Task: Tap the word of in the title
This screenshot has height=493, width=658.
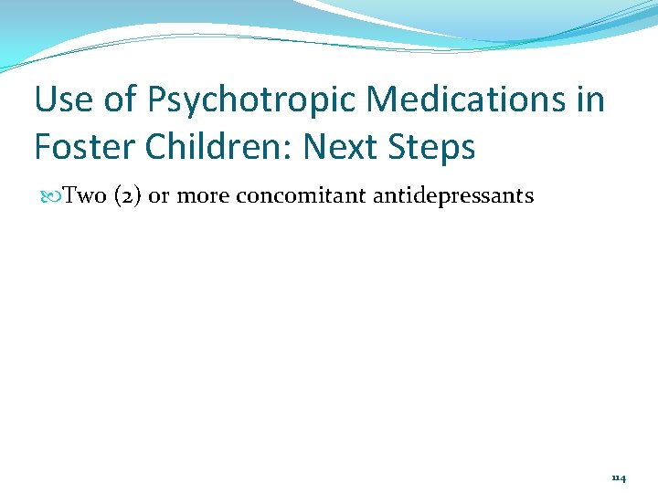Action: pyautogui.click(x=120, y=100)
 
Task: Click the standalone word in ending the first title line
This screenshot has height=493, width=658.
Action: pyautogui.click(x=589, y=100)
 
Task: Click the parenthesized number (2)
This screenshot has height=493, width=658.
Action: pyautogui.click(x=127, y=196)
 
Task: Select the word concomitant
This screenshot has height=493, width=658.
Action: pyautogui.click(x=301, y=196)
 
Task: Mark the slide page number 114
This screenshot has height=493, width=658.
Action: pyautogui.click(x=619, y=477)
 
